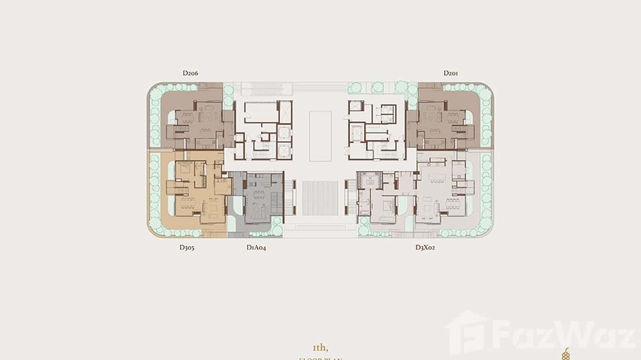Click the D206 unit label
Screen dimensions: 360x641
click(x=190, y=73)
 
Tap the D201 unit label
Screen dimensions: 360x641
click(x=451, y=73)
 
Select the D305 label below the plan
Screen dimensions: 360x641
click(x=187, y=247)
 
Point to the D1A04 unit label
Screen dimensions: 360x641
click(x=256, y=247)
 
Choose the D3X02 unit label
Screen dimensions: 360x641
click(x=425, y=247)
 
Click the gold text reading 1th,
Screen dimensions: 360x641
click(x=320, y=347)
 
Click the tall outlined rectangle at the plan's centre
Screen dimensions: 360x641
click(x=320, y=136)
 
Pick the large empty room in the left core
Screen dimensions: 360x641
click(x=260, y=112)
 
